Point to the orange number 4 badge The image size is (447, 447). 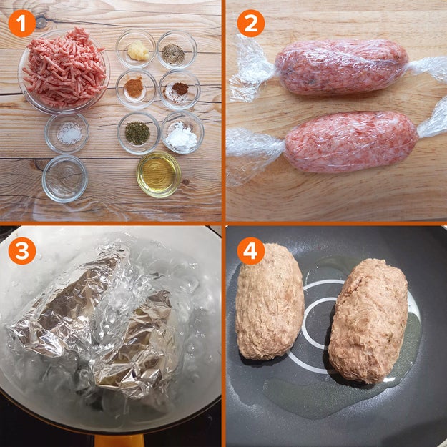click(x=250, y=252)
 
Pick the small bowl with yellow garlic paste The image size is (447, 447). click(x=137, y=50)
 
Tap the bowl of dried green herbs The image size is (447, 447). click(x=137, y=132)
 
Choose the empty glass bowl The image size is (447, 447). click(x=64, y=177)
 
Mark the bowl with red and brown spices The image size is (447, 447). click(x=179, y=89)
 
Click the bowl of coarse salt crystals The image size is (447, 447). click(x=67, y=132)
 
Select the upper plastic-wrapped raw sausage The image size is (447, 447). click(x=342, y=67)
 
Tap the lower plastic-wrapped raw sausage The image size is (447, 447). click(x=350, y=142)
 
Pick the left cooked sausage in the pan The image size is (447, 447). click(x=270, y=301)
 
